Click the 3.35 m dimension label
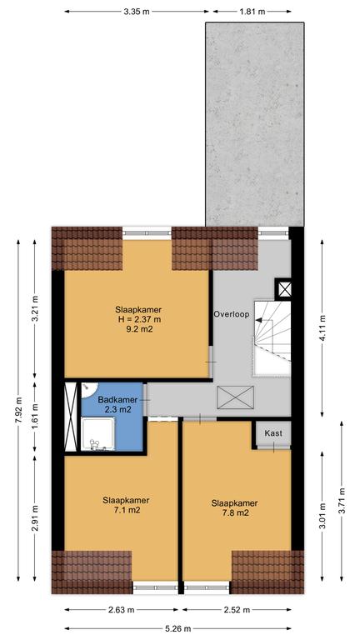coord(137,12)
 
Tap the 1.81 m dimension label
coord(252,12)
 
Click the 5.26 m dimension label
coord(177,628)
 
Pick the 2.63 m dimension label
coord(121,610)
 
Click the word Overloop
coord(231,314)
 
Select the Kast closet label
coord(273,433)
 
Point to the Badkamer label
coord(117,400)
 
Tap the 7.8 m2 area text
coord(234,513)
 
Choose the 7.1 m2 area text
coord(126,510)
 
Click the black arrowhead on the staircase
coord(259,320)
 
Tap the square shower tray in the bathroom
coord(97,434)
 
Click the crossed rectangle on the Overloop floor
coord(236,397)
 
